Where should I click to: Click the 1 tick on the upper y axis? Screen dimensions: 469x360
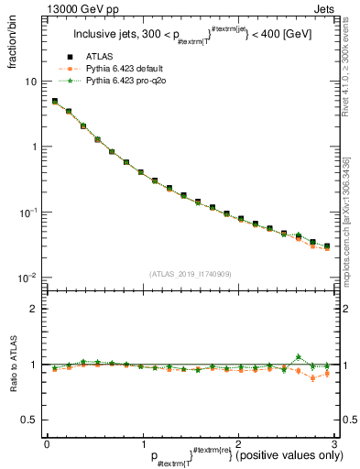pyautogui.click(x=34, y=147)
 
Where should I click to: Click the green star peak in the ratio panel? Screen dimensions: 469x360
pyautogui.click(x=298, y=357)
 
